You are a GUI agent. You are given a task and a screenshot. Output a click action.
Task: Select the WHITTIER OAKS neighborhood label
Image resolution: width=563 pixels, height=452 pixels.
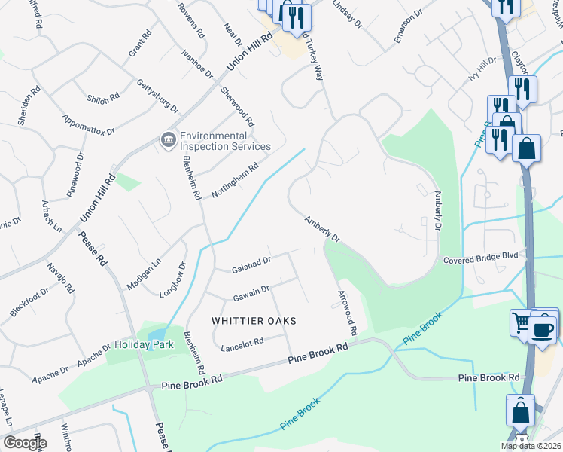(x=254, y=320)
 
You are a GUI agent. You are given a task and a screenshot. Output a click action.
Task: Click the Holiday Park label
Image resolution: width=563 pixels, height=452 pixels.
(x=144, y=344)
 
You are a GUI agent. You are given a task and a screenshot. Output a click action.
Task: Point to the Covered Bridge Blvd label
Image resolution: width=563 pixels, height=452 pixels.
(x=481, y=256)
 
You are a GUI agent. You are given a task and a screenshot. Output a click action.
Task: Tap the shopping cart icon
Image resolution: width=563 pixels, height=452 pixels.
(x=521, y=322)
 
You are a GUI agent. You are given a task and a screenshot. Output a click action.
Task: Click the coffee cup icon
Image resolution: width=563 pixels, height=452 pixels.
(x=543, y=329)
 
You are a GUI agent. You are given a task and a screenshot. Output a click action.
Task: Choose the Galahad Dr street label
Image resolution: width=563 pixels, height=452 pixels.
(x=251, y=263)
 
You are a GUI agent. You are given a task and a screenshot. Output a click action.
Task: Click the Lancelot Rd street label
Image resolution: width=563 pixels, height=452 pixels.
(x=242, y=342)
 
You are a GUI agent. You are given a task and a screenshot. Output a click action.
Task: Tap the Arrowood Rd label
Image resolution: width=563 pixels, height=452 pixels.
(x=347, y=313)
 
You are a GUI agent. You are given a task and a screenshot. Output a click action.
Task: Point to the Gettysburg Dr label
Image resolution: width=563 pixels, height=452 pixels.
(x=157, y=96)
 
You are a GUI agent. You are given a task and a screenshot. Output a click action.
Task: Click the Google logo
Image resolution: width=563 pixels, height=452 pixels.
(x=24, y=443)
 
